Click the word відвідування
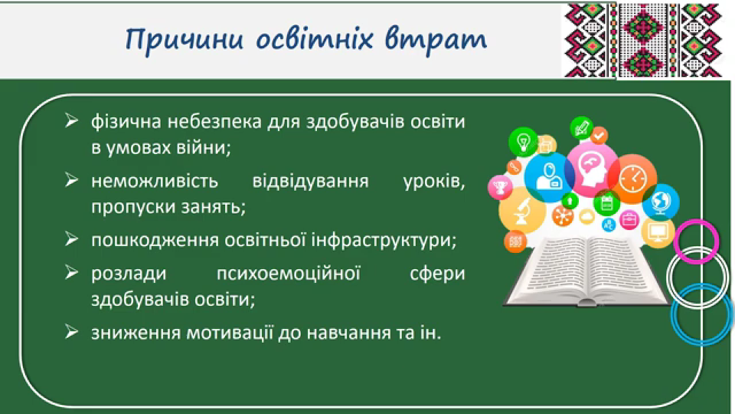point(311,181)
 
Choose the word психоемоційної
point(288,274)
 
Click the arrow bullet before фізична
point(71,120)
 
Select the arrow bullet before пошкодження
point(71,239)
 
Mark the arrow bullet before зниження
point(71,331)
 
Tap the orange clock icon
point(633,179)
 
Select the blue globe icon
point(661,202)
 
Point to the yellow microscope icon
point(522,210)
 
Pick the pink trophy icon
point(500,188)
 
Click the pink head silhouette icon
point(592,169)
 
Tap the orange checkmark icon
point(599,135)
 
